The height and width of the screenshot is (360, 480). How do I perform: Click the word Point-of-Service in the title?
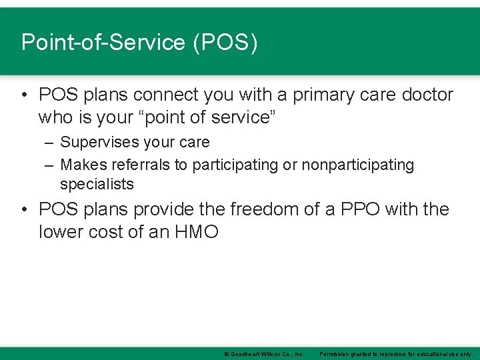click(103, 43)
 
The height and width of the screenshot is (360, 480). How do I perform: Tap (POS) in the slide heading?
click(225, 43)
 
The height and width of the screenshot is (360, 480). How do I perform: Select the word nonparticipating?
click(357, 164)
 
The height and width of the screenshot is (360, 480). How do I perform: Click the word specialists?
click(97, 184)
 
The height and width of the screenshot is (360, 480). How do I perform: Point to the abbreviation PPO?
click(367, 210)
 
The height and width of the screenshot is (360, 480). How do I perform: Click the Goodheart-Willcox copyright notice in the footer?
click(264, 353)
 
